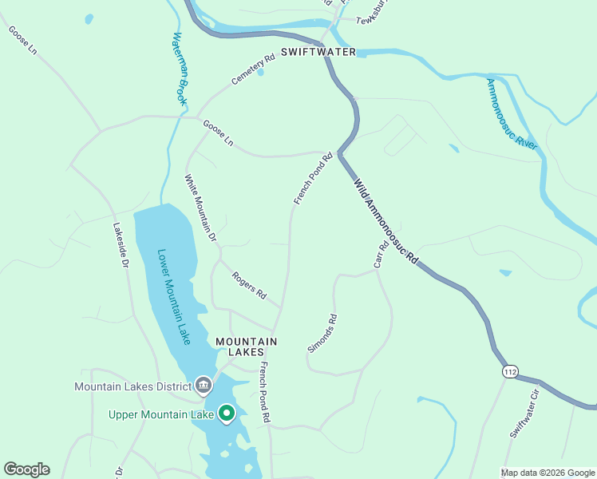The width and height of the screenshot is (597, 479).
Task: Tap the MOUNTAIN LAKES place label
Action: click(246, 346)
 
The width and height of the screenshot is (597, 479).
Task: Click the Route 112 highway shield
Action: click(511, 372)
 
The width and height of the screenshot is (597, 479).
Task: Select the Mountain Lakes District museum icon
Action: click(204, 386)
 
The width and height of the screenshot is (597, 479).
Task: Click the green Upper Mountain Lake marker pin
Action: click(227, 413)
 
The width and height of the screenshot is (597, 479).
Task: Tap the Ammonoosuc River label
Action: click(512, 112)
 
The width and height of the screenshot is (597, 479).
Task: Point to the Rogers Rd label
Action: click(248, 285)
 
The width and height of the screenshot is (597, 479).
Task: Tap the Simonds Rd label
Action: click(322, 334)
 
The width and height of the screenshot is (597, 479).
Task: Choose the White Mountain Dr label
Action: click(200, 208)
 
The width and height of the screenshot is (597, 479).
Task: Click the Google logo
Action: click(26, 469)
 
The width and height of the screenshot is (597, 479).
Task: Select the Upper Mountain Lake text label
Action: click(161, 414)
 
